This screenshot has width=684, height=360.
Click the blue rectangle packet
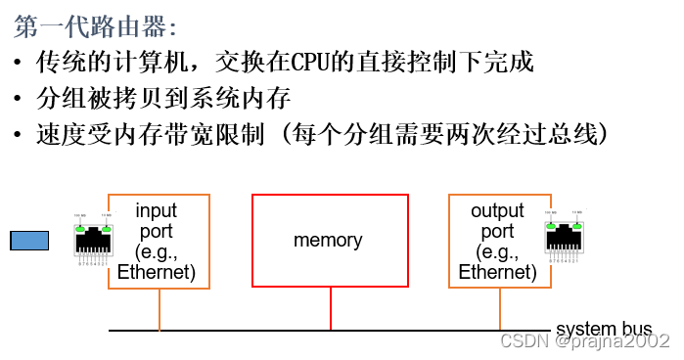point(29,241)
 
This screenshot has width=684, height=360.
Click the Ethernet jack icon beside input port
point(92,239)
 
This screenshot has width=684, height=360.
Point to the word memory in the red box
point(328,240)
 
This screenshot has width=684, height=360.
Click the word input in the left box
point(157,210)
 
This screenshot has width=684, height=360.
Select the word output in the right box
point(497,210)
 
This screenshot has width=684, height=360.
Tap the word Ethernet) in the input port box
point(157,273)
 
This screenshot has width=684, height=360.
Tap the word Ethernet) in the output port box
point(497,273)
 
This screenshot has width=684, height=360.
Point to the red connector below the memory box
point(331,308)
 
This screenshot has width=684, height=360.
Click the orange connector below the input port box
point(160,308)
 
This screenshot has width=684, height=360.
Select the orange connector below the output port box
point(500,308)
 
